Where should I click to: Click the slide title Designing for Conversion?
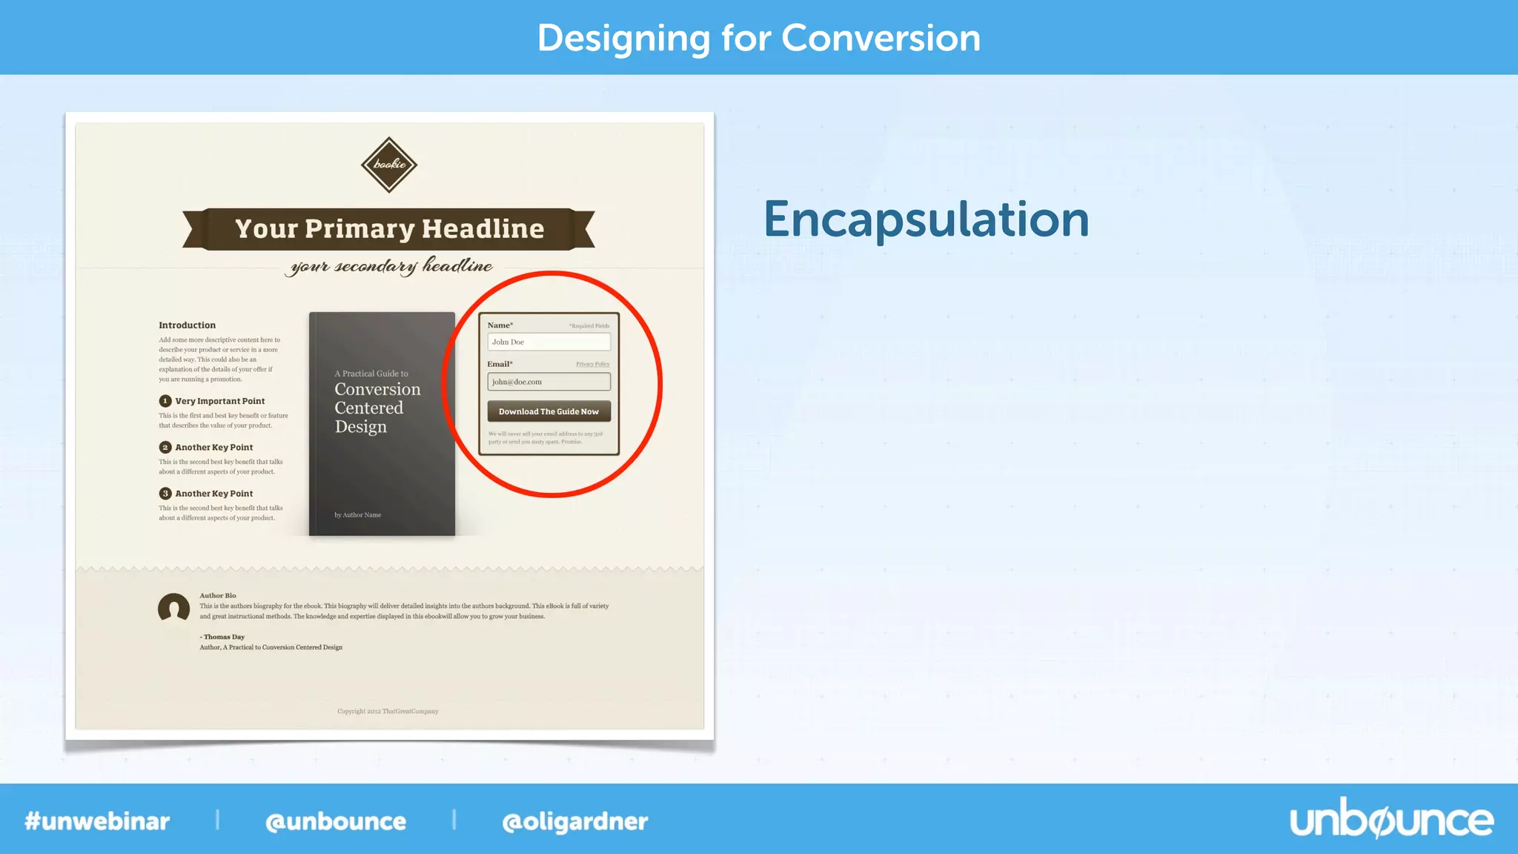[x=758, y=38]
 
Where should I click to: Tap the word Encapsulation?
[x=926, y=220]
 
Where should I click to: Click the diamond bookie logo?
[x=389, y=165]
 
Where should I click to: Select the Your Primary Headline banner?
[x=389, y=229]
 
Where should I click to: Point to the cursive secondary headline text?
[x=391, y=266]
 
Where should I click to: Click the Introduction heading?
[x=187, y=325]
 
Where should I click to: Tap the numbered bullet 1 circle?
[x=165, y=401]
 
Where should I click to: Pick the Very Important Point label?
[x=220, y=401]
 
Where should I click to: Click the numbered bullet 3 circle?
[x=165, y=494]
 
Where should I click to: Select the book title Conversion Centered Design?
[x=377, y=408]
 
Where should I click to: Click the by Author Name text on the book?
[x=357, y=515]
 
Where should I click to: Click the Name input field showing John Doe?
[x=548, y=342]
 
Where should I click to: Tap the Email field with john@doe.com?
[x=548, y=382]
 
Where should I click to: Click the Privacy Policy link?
[x=592, y=364]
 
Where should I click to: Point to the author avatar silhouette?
[x=174, y=609]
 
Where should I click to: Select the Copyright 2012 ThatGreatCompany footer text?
[x=388, y=712]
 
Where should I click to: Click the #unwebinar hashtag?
[x=97, y=821]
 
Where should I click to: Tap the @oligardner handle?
[x=574, y=821]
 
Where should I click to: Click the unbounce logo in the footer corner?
[x=1391, y=820]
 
